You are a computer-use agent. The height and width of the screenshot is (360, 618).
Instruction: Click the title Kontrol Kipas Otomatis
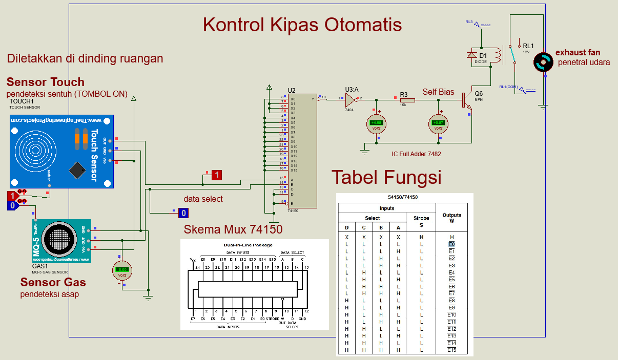(302, 25)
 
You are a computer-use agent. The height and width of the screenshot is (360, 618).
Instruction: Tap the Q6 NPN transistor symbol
(466, 100)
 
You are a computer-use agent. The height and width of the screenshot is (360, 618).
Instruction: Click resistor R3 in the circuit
(407, 100)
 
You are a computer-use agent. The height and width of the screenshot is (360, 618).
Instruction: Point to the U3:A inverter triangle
(351, 98)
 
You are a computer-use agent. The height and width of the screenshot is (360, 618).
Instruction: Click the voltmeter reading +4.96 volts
(376, 123)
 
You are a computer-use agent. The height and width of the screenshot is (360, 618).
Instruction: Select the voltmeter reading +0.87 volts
(438, 123)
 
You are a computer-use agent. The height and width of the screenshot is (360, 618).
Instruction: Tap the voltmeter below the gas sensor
(122, 269)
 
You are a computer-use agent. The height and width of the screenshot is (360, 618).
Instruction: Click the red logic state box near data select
(217, 175)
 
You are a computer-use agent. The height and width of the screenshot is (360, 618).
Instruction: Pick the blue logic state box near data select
(183, 213)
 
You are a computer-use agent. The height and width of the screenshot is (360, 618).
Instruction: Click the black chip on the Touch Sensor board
(77, 170)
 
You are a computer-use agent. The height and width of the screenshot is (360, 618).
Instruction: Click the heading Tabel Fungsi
(386, 177)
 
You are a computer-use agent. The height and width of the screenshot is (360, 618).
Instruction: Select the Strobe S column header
(421, 221)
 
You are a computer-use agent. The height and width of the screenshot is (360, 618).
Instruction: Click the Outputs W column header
(451, 218)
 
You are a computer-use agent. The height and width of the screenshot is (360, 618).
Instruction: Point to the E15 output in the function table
(451, 350)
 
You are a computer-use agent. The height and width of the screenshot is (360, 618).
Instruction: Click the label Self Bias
(438, 92)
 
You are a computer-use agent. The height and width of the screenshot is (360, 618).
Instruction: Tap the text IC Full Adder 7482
(416, 154)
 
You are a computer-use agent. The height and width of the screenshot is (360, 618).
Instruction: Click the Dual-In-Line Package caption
(249, 245)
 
